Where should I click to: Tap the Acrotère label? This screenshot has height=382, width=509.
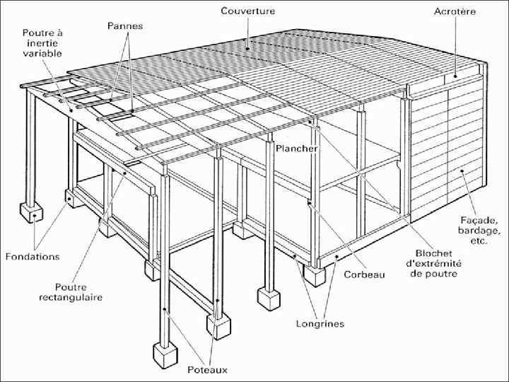[455, 12]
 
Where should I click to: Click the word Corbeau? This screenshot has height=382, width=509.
[365, 274]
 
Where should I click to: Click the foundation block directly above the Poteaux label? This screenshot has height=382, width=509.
[219, 323]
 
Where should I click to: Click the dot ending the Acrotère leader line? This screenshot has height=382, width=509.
[456, 76]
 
